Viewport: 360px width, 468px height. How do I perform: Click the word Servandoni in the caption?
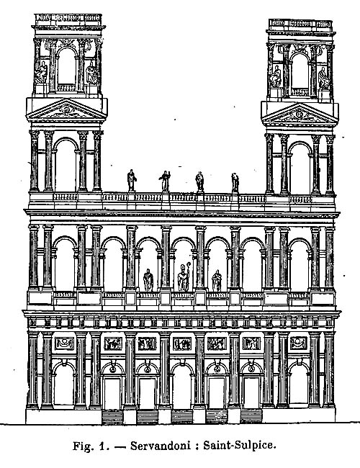pos(161,446)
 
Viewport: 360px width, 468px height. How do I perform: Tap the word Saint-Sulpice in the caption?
pos(240,446)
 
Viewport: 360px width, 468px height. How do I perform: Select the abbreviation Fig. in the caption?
pos(81,446)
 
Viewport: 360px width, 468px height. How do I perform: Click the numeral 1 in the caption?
pos(102,446)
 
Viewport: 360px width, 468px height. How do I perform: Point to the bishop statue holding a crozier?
pos(184,277)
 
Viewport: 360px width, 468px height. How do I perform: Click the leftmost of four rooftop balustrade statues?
pos(131,181)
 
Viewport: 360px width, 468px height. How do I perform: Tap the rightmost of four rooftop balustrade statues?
pos(235,183)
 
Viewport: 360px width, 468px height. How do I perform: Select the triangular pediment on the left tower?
pos(66,109)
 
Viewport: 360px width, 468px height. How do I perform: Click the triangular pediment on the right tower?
pos(300,114)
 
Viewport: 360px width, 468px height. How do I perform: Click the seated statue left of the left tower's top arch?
pos(41,73)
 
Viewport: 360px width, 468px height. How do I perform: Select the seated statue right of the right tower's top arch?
pos(323,78)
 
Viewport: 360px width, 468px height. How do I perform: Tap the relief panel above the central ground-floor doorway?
pos(182,344)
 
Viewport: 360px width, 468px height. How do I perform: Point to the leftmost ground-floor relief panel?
pos(64,343)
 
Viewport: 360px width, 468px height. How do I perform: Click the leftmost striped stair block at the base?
pos(112,417)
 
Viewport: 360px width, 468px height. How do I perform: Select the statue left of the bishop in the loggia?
pos(148,280)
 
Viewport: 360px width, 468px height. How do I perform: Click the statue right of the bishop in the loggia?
pos(217,281)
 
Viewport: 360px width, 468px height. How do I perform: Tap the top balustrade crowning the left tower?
pos(68,19)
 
